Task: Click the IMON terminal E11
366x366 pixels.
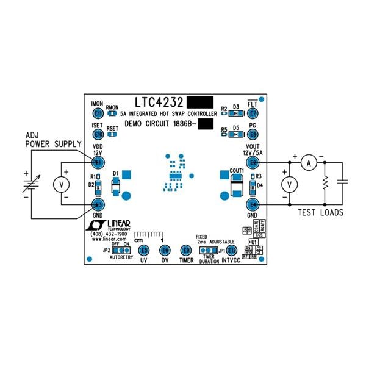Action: [x=98, y=113]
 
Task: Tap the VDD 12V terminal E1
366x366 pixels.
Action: [x=98, y=163]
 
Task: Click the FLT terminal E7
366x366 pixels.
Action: [x=253, y=113]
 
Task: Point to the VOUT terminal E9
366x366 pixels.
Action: [x=253, y=163]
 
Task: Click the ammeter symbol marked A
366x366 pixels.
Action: [x=309, y=163]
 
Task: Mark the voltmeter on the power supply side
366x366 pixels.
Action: [x=60, y=183]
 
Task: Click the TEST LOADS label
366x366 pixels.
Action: [x=320, y=213]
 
